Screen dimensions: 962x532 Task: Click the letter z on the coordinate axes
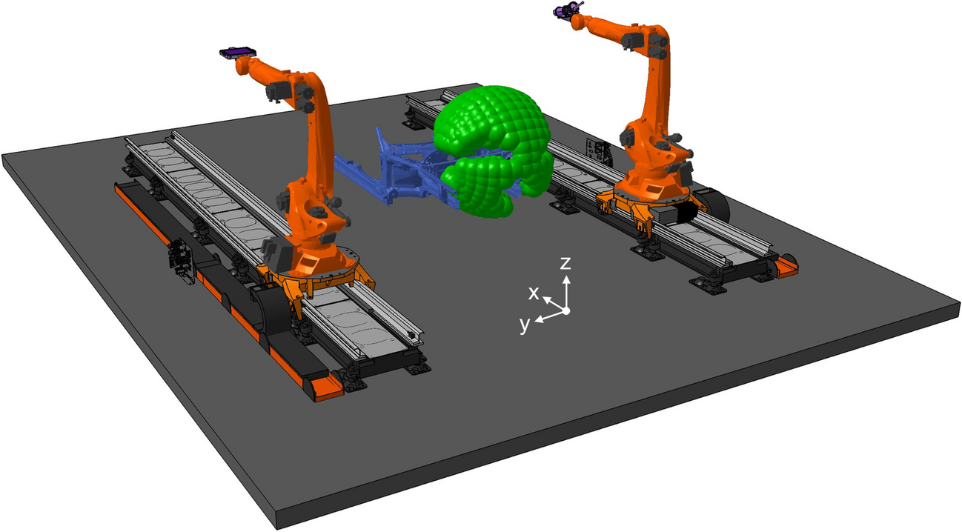point(565,263)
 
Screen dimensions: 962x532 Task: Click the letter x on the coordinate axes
point(534,293)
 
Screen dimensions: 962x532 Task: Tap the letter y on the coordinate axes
point(525,325)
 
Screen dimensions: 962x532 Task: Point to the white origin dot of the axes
point(566,311)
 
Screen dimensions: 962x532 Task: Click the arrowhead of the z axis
point(567,279)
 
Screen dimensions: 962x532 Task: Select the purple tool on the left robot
point(237,53)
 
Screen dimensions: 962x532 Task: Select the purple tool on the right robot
point(567,9)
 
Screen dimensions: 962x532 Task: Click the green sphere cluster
point(494,150)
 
